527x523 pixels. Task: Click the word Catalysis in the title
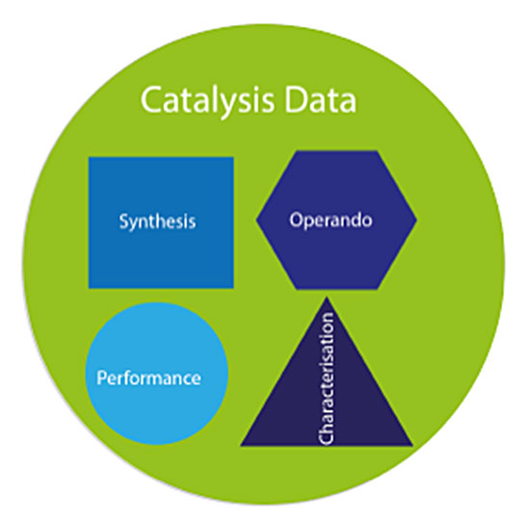207,101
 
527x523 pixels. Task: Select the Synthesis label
157,222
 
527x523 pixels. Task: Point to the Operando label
331,221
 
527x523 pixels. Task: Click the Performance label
149,378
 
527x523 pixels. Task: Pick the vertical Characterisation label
326,379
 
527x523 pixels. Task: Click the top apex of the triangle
327,298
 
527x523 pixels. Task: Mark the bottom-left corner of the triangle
241,446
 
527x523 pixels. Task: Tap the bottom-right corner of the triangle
413,446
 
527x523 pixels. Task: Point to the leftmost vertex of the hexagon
256,220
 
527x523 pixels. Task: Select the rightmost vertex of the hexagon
417,220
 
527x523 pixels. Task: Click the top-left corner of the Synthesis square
89,157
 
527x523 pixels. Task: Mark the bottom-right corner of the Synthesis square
233,288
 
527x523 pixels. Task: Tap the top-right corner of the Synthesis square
233,157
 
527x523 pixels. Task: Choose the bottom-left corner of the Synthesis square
89,288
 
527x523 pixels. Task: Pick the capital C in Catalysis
150,100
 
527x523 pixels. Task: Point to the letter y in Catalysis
230,105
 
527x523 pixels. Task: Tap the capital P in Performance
102,378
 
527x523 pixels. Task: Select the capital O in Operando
296,220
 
